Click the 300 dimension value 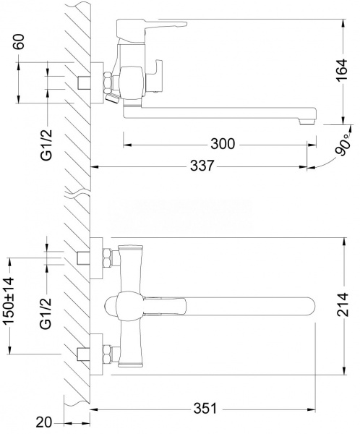tap(223, 144)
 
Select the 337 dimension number tap(202, 166)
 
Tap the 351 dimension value tap(205, 409)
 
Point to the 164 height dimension tap(341, 69)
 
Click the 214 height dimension tap(342, 305)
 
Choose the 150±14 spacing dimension tap(8, 301)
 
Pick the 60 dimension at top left tap(19, 41)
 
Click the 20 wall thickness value tap(43, 422)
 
